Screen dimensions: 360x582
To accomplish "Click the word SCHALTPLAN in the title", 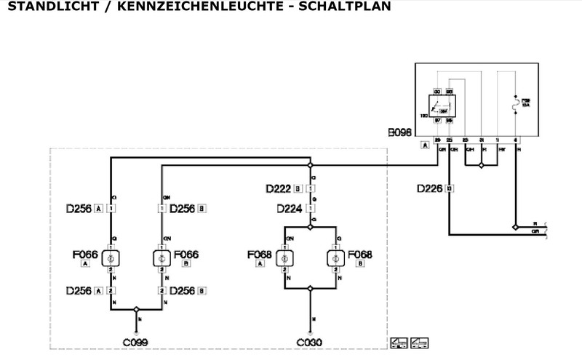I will [x=342, y=7].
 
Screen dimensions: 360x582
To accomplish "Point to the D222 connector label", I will [x=279, y=189].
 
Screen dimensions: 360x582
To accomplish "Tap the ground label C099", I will [x=136, y=340].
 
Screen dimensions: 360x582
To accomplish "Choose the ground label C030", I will [x=310, y=340].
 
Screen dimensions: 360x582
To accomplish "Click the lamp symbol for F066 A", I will [x=111, y=258].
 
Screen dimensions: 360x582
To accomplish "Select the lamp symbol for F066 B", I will [x=162, y=258].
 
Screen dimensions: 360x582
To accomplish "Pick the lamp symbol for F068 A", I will [x=284, y=258].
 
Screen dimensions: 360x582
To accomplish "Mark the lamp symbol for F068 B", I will [x=335, y=258].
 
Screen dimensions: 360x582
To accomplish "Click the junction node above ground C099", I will [x=136, y=308].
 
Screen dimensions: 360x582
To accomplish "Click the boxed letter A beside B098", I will [x=424, y=145].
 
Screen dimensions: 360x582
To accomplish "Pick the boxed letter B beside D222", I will [x=298, y=189].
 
